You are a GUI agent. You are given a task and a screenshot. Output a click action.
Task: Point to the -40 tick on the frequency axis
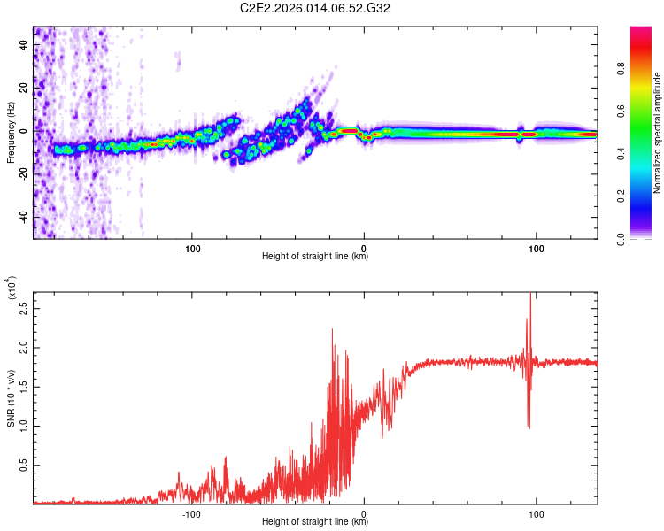23,217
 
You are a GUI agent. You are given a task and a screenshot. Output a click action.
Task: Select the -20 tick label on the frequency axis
23,173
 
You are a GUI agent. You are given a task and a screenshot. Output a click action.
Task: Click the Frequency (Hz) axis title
11,133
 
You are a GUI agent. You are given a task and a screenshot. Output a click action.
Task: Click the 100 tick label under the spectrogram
536,247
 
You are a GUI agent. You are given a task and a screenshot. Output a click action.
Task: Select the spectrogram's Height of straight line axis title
315,257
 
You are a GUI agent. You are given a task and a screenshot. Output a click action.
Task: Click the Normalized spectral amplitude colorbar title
658,133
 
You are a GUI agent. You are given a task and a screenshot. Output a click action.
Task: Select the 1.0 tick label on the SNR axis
23,426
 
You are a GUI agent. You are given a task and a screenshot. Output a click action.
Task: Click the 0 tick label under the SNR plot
364,512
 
